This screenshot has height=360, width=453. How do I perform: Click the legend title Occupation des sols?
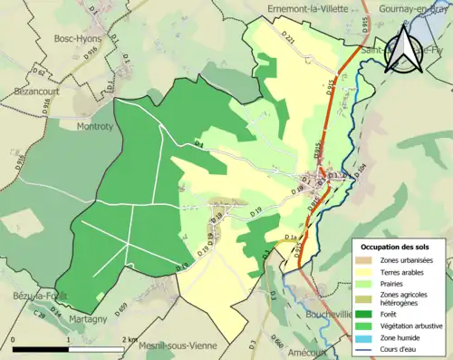pos(398,247)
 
